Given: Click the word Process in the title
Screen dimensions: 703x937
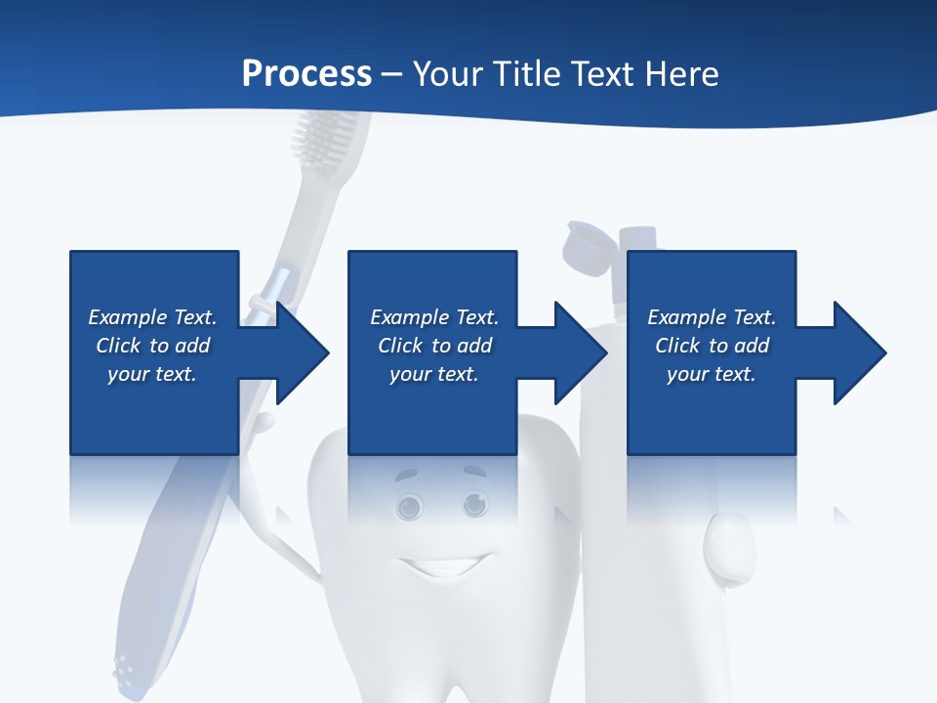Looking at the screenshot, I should [306, 74].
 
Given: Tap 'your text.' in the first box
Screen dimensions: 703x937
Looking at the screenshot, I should [152, 374].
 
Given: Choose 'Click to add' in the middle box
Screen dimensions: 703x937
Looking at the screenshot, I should [434, 346].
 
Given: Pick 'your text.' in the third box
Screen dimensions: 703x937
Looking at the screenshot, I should [712, 374].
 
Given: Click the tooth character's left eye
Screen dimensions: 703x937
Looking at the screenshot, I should [409, 506].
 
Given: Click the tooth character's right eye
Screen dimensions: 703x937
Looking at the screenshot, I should [474, 504].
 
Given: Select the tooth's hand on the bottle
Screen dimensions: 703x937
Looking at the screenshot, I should [728, 546].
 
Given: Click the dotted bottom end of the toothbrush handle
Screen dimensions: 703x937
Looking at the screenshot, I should [126, 670].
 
